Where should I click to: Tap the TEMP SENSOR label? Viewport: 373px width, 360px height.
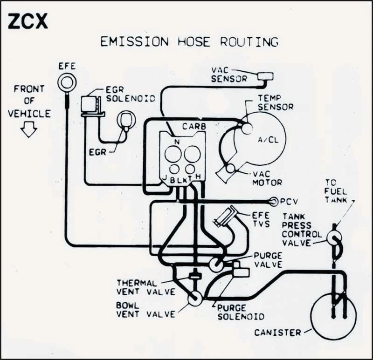pos(276,103)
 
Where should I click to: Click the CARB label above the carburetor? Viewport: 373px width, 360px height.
pos(194,126)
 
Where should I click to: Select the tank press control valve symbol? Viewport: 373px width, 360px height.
pos(334,239)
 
